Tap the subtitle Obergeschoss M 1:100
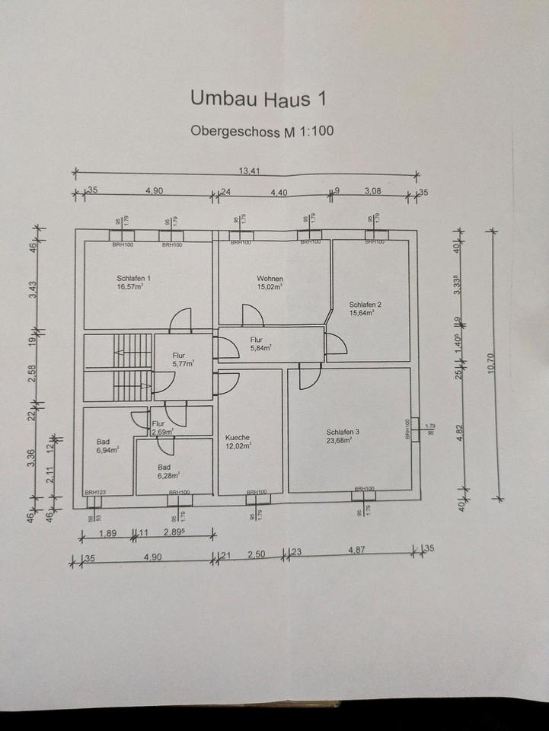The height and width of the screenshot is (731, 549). pyautogui.click(x=261, y=131)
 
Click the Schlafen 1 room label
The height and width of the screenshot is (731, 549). pyautogui.click(x=134, y=279)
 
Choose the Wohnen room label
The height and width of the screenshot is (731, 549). pyautogui.click(x=270, y=279)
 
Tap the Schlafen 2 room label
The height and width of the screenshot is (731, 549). pyautogui.click(x=365, y=305)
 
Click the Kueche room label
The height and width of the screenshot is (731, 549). pyautogui.click(x=238, y=438)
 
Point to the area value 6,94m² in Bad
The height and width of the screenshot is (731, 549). pyautogui.click(x=108, y=451)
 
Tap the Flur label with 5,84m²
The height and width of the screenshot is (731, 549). pyautogui.click(x=257, y=340)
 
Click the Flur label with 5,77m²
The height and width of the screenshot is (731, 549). pyautogui.click(x=179, y=356)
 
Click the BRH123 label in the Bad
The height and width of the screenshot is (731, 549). pyautogui.click(x=95, y=493)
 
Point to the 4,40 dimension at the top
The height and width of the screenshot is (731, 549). pyautogui.click(x=279, y=193)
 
